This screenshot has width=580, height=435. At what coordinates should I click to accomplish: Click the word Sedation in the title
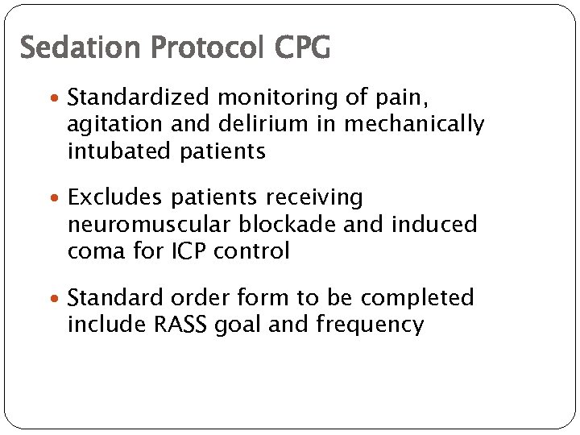pos(68,48)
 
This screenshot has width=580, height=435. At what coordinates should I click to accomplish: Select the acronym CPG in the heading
pos(302,48)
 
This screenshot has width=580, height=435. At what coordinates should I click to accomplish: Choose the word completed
pos(417,298)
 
